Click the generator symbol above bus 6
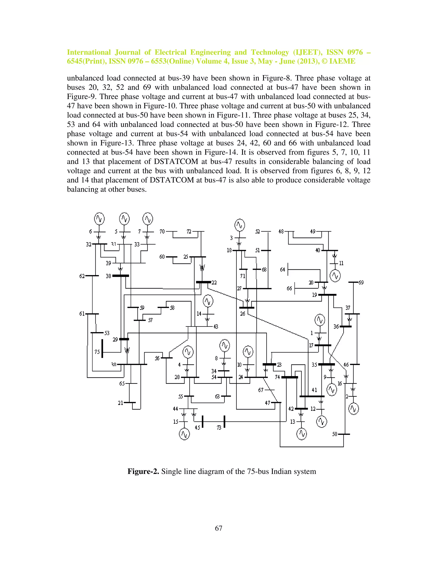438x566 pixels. point(99,218)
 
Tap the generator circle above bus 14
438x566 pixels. point(208,301)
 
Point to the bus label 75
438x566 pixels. point(97,352)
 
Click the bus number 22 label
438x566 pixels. point(214,283)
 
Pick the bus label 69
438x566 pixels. point(361,283)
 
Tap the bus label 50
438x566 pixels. point(335,434)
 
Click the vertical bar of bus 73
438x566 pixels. point(224,421)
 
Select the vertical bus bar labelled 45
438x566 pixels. point(202,421)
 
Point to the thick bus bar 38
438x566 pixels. point(121,276)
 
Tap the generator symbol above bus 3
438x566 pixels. point(240,225)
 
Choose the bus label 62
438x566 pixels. point(82,276)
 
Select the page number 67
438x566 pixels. point(219,528)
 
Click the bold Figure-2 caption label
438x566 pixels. point(143,471)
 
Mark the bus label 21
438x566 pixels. point(121,403)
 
